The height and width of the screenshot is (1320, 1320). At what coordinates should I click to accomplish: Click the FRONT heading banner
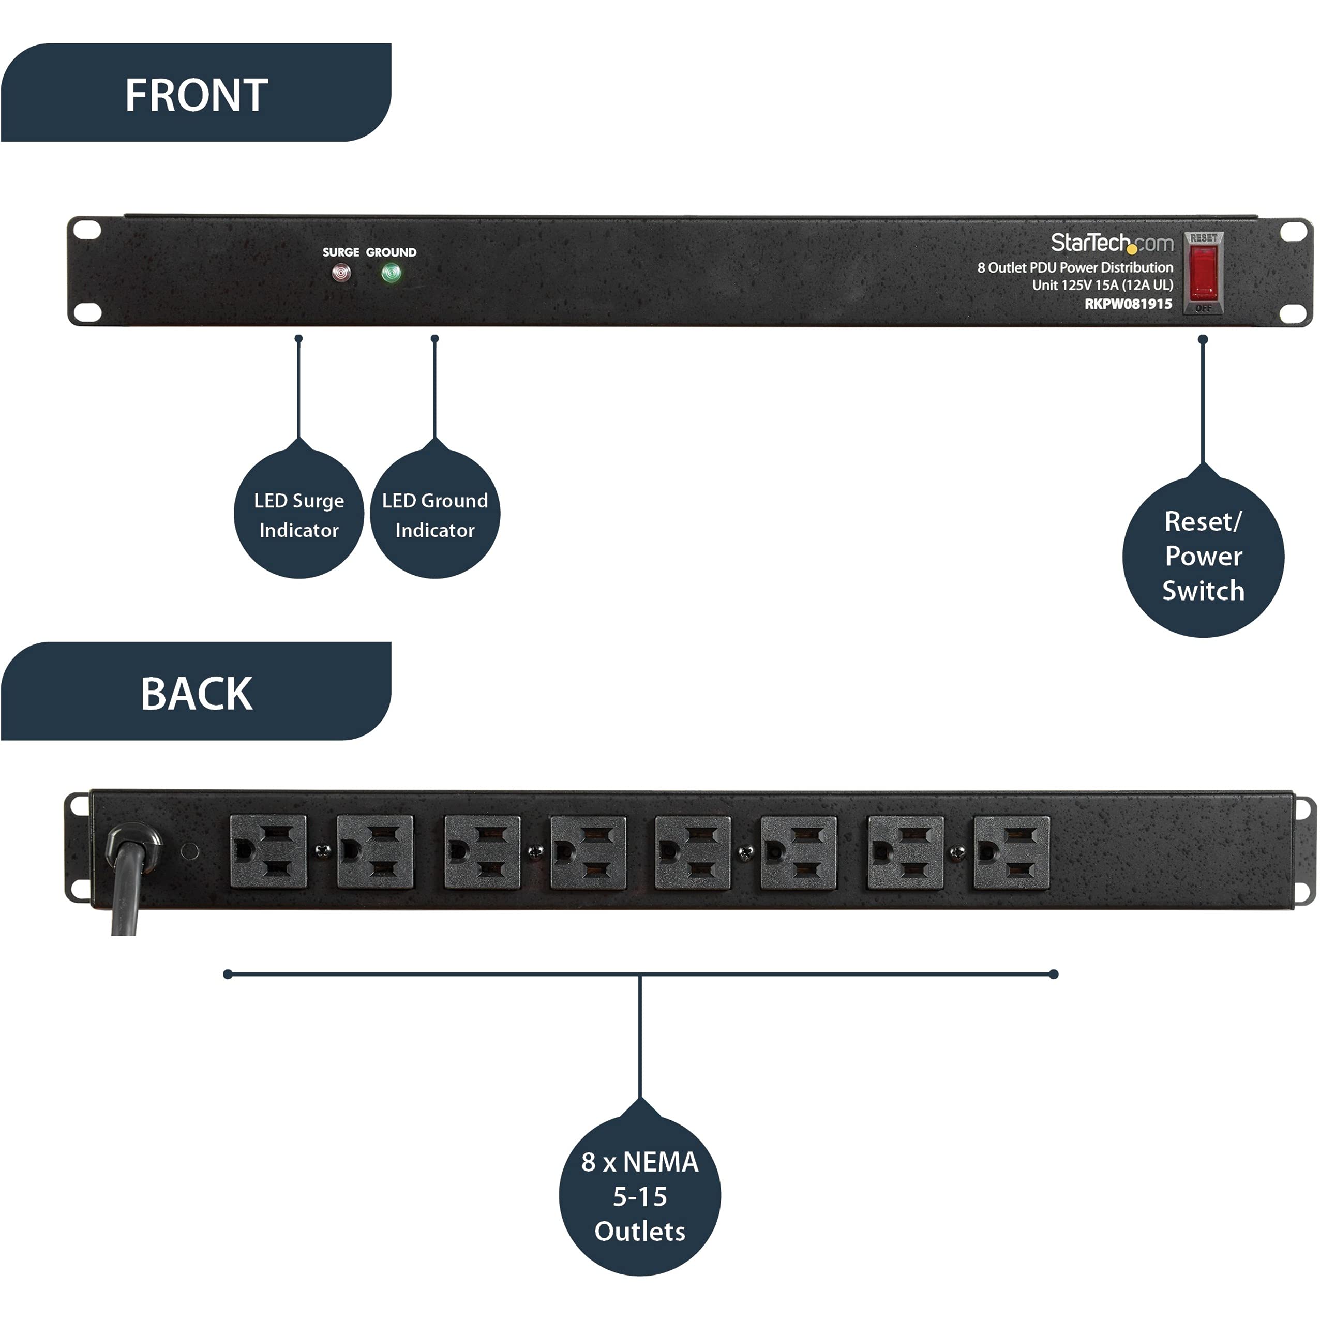[196, 94]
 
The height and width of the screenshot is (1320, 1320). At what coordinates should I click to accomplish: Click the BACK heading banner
[196, 693]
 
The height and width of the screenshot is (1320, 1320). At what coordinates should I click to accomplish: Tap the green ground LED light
[391, 273]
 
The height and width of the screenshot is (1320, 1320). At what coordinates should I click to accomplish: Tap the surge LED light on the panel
[341, 273]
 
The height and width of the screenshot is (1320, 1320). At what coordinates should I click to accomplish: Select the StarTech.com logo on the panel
[1111, 243]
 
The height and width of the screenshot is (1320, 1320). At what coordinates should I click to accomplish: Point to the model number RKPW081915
[1128, 304]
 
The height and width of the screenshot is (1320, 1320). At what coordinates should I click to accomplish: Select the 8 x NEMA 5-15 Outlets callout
[639, 1196]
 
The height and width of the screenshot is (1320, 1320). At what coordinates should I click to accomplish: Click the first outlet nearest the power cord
[268, 851]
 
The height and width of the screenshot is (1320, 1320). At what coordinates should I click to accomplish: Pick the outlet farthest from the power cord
[1011, 852]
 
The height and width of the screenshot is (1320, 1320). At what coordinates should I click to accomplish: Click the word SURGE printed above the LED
[340, 252]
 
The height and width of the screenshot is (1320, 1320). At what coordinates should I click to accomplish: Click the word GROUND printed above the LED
[391, 252]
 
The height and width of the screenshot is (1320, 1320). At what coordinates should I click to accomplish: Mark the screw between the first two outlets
[322, 851]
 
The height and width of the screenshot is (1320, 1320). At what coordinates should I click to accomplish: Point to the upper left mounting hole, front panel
[87, 230]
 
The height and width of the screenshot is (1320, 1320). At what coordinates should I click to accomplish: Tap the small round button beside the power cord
[190, 851]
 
